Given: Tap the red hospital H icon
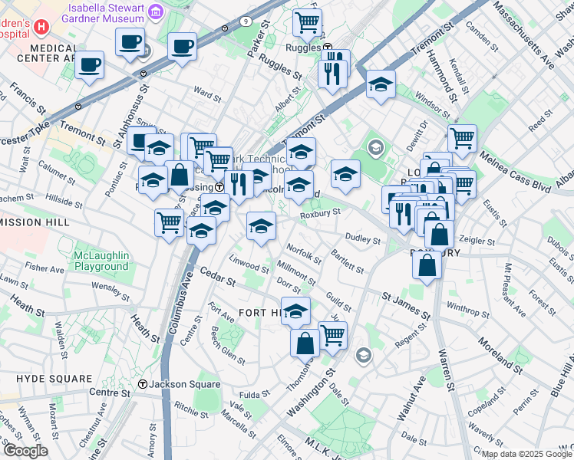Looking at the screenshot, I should coord(41,26).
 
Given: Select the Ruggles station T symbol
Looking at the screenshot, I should coord(328,48).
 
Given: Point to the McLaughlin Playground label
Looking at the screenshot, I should coord(101,261).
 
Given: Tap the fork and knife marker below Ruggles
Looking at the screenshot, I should coord(331,74).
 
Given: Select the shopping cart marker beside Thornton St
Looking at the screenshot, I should coord(332,334).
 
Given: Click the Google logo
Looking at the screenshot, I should coord(25,451).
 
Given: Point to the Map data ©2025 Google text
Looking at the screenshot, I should coord(526,454).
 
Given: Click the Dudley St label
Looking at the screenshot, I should coord(363,239).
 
